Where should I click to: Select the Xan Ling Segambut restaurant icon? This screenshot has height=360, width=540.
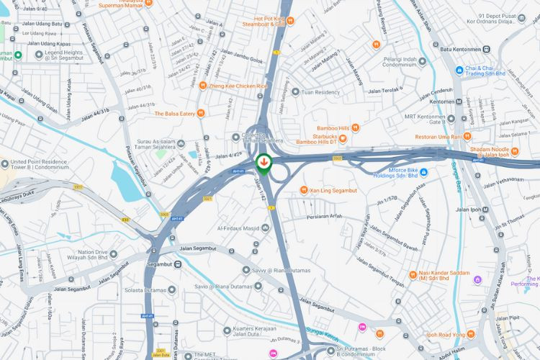pyautogui.click(x=303, y=190)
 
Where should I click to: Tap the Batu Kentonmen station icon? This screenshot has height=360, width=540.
pyautogui.click(x=487, y=49)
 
